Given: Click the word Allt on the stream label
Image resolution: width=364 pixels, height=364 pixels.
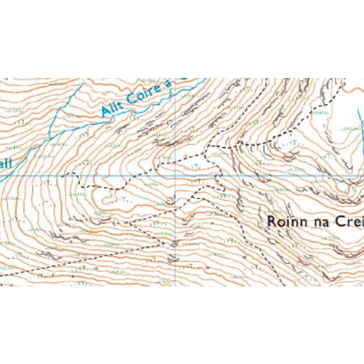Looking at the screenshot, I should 110,108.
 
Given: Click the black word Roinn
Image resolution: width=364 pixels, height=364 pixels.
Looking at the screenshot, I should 285,222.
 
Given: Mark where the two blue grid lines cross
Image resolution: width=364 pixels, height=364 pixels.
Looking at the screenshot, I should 175,176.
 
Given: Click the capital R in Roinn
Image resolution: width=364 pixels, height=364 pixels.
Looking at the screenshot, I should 271,222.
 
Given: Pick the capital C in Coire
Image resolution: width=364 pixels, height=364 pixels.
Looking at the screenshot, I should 130,99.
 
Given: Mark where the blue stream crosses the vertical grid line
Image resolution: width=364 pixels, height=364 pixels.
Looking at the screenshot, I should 175,91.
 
